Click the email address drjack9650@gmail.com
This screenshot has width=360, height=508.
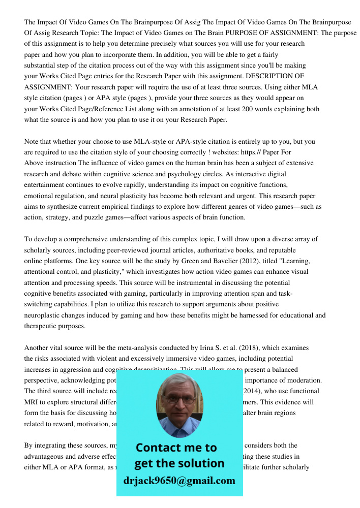[179, 481]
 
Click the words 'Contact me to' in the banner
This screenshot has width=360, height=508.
[176, 448]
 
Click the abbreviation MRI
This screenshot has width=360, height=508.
[33, 402]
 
